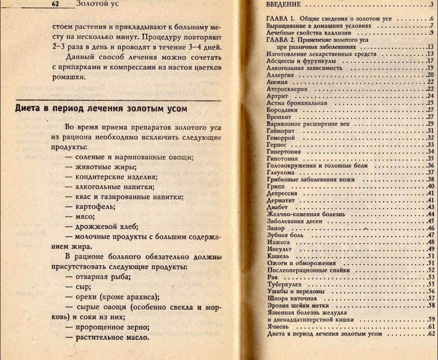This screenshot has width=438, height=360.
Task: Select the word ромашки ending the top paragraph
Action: (x=69, y=78)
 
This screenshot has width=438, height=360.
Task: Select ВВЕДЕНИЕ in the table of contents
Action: (x=284, y=5)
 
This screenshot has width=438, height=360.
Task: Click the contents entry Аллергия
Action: (x=281, y=75)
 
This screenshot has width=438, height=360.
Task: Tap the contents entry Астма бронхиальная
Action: (x=297, y=102)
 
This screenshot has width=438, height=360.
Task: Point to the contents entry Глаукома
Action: (x=281, y=172)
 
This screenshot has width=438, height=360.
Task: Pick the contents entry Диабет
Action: (x=277, y=207)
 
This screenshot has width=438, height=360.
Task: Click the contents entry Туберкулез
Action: (x=284, y=284)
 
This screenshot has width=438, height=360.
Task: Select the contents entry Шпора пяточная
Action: (x=292, y=298)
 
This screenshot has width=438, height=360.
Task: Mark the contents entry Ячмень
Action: (x=278, y=326)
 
